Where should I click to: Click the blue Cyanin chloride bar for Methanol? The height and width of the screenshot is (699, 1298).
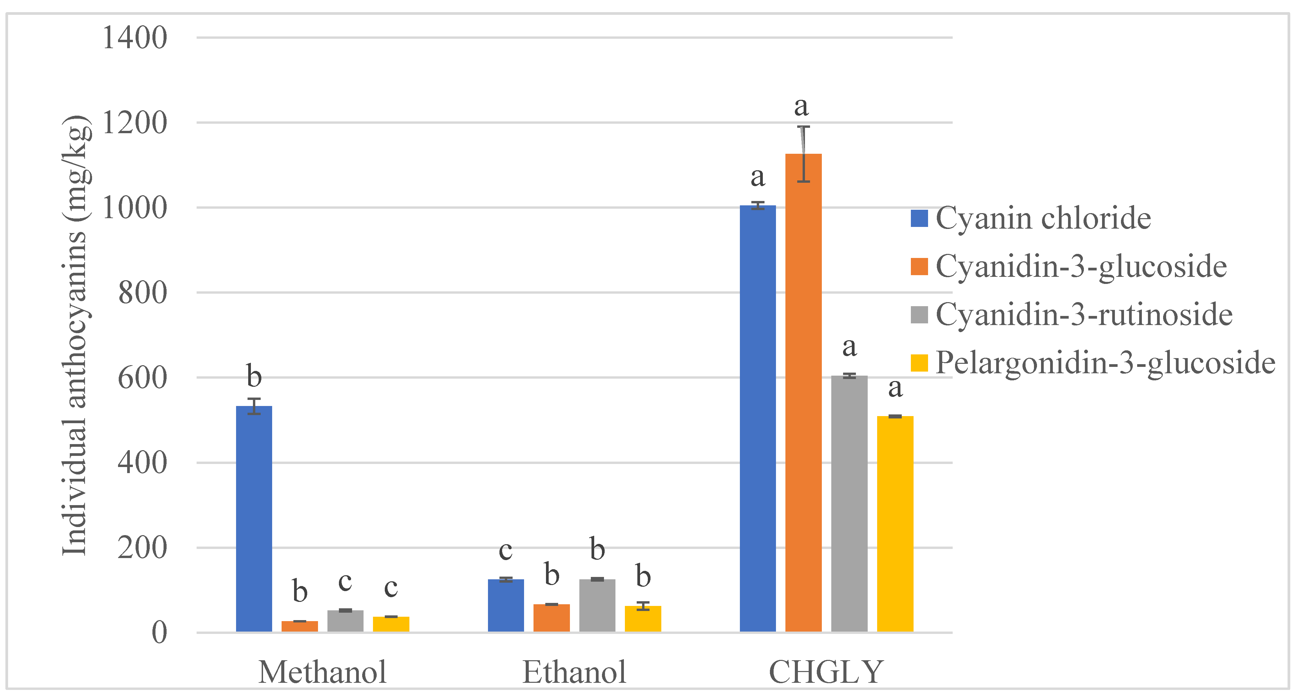(254, 519)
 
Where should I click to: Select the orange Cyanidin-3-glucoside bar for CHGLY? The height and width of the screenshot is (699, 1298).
(803, 393)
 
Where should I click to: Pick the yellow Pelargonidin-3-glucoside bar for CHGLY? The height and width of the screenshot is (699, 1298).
(895, 524)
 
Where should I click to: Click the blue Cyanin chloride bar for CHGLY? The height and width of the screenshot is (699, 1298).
(757, 418)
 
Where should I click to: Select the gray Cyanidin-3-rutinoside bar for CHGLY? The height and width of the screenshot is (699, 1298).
(849, 504)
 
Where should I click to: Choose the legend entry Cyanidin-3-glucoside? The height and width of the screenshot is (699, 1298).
(1080, 267)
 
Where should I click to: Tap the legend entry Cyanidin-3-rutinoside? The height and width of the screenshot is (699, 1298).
(1083, 315)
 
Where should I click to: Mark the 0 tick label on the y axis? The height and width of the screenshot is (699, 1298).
(159, 633)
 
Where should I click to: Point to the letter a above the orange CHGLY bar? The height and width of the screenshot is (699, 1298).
(801, 107)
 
